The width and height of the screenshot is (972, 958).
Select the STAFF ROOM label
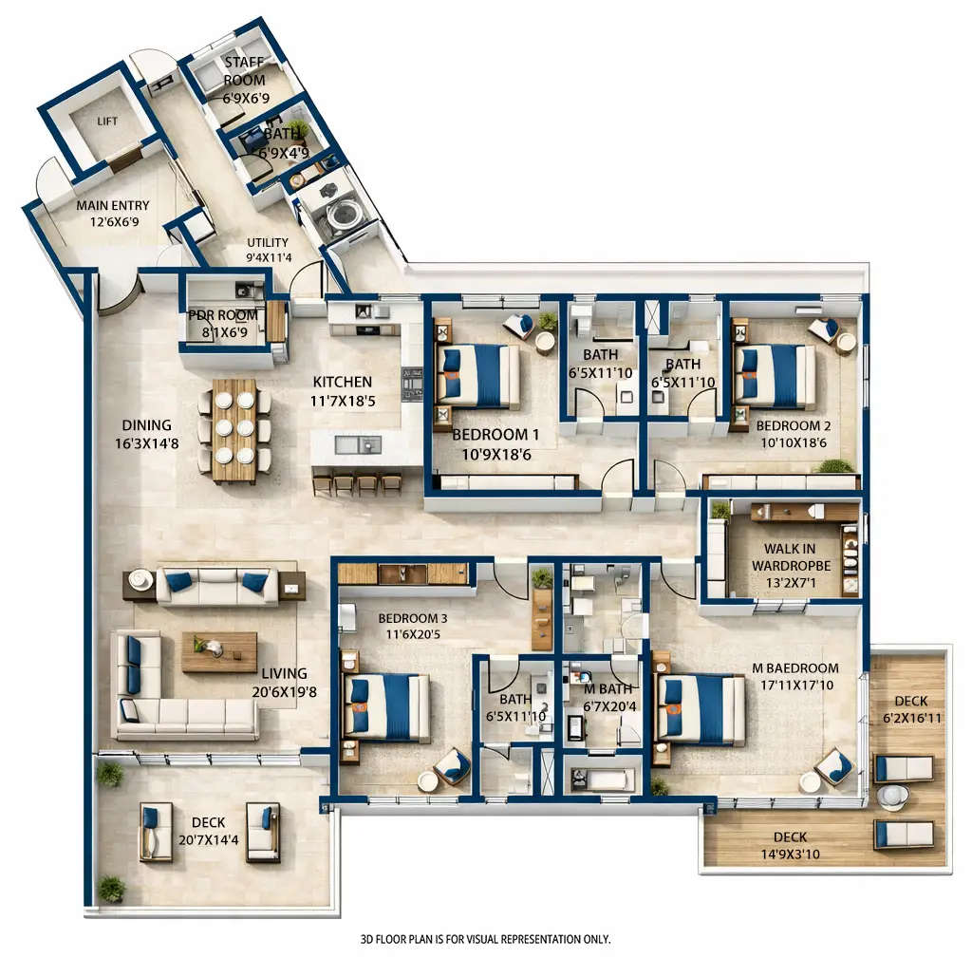point(244,72)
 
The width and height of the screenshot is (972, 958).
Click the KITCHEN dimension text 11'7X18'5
point(345,402)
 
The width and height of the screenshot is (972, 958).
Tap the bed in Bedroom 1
point(479,375)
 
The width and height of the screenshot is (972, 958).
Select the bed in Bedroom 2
point(776,375)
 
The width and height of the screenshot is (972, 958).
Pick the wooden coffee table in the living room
point(218,651)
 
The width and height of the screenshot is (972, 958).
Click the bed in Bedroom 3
point(387,706)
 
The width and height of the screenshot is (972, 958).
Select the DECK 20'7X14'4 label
point(208,830)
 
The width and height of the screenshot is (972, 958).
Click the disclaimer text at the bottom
point(485,939)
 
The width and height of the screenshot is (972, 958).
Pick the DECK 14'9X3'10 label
point(790,844)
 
